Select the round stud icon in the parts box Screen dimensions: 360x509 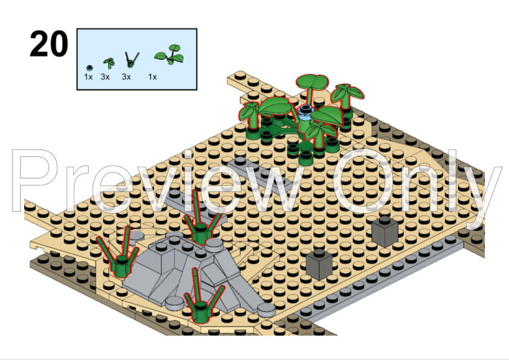(x=89, y=66)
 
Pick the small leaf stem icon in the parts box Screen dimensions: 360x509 (x=108, y=63)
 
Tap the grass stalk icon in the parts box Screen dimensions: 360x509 (x=129, y=59)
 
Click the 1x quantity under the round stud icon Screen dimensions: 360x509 (x=89, y=77)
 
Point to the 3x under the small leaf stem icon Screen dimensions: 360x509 (x=105, y=77)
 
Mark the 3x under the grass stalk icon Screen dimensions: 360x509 (x=126, y=77)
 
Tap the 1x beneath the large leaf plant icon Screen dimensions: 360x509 (x=153, y=77)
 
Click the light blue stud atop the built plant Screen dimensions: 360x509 (x=306, y=111)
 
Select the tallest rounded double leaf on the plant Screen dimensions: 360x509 (x=312, y=82)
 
